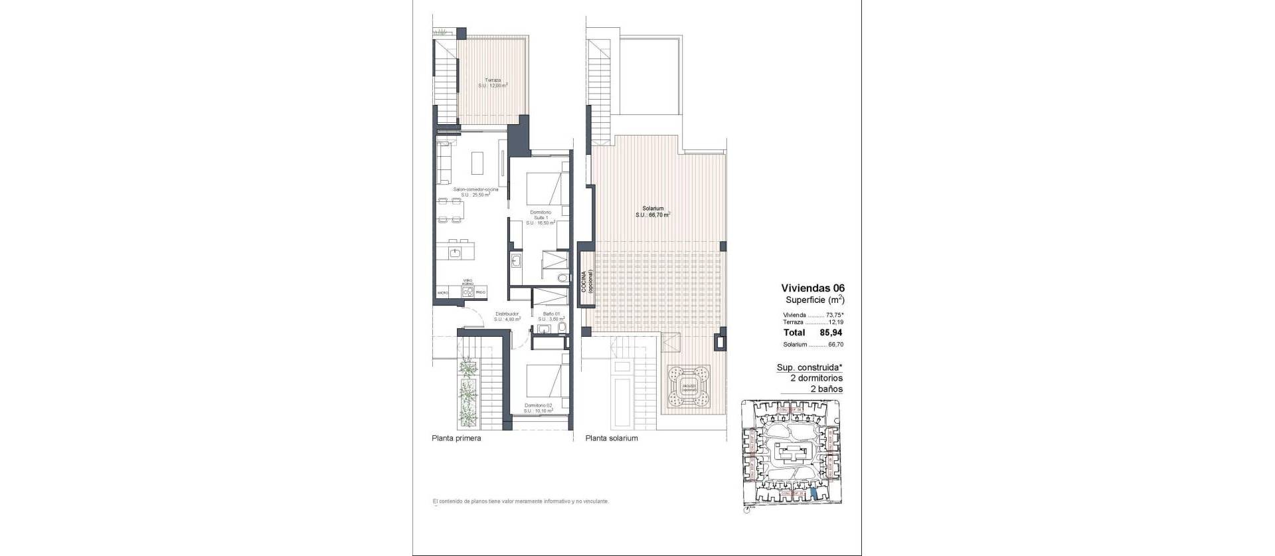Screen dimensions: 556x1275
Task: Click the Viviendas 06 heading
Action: [x=812, y=288]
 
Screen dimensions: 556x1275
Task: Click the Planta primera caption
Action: [x=456, y=438]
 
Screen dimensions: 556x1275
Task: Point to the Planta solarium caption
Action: [x=612, y=438]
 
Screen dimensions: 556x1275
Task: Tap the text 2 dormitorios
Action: [x=816, y=378]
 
